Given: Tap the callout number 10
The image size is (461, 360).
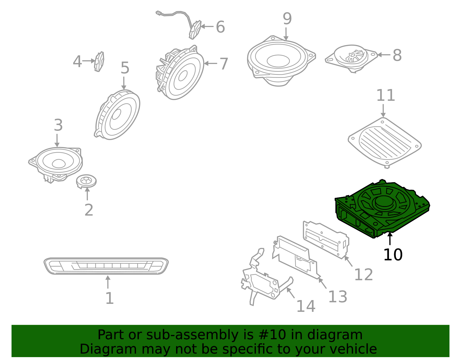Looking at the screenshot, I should (x=393, y=255).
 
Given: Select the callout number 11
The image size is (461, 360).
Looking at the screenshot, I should (x=386, y=95).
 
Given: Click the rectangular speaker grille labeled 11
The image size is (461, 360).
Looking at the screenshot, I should (x=385, y=142).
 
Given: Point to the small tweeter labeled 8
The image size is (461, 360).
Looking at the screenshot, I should (x=352, y=58).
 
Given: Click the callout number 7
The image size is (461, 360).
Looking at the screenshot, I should (x=224, y=64).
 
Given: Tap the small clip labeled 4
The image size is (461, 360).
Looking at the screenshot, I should (x=99, y=61).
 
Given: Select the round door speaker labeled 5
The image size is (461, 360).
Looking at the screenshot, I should (x=118, y=115).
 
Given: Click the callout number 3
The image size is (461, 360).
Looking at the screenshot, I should (x=58, y=125).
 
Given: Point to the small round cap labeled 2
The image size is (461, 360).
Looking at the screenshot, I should (x=86, y=181).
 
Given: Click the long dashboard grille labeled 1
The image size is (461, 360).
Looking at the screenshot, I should (x=106, y=266).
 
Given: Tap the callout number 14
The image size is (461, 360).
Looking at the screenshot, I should (x=306, y=306).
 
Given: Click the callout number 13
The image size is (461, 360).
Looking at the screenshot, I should (x=337, y=297).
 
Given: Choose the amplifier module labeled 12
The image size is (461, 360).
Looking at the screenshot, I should (x=326, y=239).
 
